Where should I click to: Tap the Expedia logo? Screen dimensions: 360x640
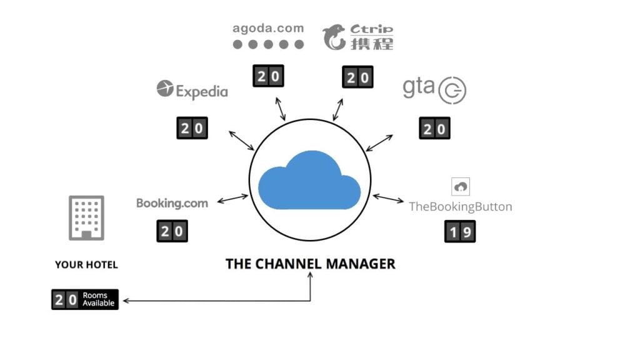pos(192,91)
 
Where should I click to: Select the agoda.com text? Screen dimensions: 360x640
pos(268,28)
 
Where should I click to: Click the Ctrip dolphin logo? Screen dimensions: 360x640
pos(334,37)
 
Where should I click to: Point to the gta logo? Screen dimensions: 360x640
pos(434,89)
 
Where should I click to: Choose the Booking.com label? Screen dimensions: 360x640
pos(172,202)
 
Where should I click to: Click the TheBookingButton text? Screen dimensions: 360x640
pos(460,206)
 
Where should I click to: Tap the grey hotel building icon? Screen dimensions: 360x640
pos(86,217)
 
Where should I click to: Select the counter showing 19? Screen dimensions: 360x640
pos(459,232)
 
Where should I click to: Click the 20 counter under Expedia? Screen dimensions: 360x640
pos(191,129)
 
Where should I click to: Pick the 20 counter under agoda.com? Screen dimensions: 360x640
pos(268,76)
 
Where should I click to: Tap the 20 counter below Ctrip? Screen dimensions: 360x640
pos(357,77)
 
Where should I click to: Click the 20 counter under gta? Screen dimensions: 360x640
pos(434,129)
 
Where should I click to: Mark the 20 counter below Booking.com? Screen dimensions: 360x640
pos(172,231)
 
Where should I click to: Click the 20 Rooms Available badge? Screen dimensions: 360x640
pos(85,299)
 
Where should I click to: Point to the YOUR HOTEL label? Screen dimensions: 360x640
pos(86,265)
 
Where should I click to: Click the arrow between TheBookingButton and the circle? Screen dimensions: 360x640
pos(389,199)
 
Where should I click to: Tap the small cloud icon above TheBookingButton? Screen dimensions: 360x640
pos(460,186)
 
